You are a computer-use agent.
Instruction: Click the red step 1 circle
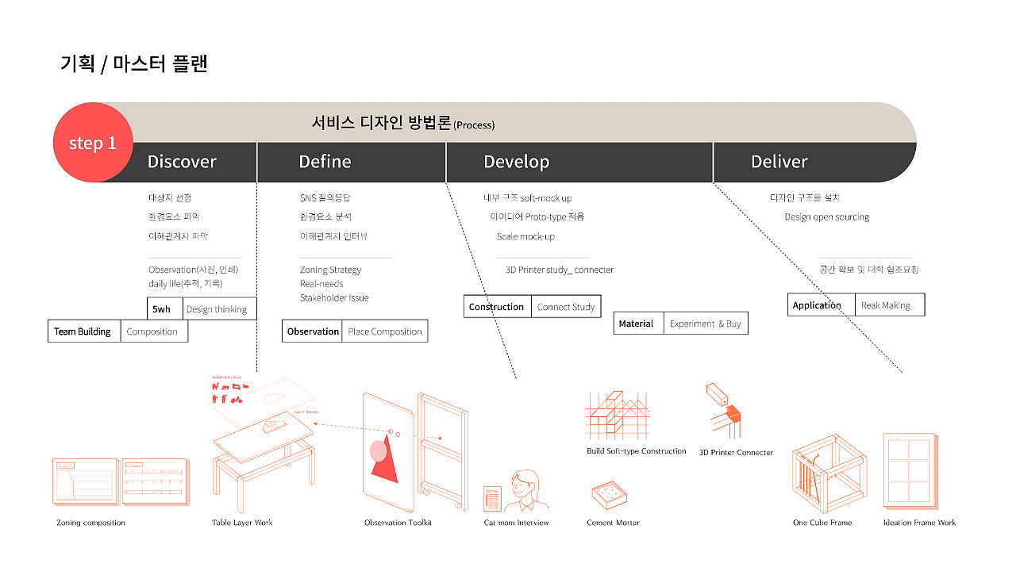(x=92, y=143)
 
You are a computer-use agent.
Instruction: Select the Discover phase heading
(x=182, y=162)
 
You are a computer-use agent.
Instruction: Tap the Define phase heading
(x=325, y=162)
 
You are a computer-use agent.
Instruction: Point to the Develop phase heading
(x=516, y=162)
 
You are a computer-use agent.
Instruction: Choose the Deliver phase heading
(x=779, y=162)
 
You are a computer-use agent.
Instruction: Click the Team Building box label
(x=83, y=331)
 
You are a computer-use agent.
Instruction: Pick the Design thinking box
(x=217, y=309)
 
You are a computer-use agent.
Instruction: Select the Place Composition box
(x=385, y=331)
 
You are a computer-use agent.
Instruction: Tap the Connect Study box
(x=566, y=307)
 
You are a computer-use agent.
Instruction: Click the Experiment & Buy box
(x=705, y=324)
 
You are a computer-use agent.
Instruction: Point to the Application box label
(x=817, y=305)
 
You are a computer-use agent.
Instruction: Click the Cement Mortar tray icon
(x=610, y=497)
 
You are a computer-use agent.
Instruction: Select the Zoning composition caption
(x=90, y=523)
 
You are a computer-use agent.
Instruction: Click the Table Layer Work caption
(x=242, y=523)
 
